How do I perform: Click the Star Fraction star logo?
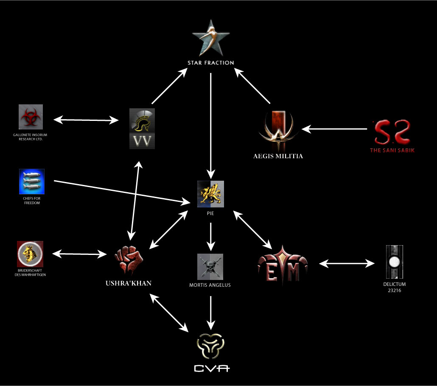click(x=211, y=39)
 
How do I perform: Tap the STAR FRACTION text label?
click(x=211, y=63)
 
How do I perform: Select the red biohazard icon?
click(x=31, y=117)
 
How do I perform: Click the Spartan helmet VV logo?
click(x=142, y=128)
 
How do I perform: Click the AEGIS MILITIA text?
click(x=278, y=156)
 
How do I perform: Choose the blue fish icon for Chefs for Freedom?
click(x=31, y=182)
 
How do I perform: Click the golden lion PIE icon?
click(x=210, y=194)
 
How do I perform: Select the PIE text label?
click(x=210, y=214)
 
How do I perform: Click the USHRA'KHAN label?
click(x=129, y=283)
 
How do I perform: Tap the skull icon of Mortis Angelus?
click(x=210, y=267)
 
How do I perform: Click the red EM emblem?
click(x=283, y=263)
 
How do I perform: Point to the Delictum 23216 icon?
click(x=394, y=262)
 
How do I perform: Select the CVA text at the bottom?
click(x=212, y=368)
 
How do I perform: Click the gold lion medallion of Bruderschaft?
click(x=30, y=254)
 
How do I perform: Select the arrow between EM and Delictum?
click(x=347, y=263)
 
